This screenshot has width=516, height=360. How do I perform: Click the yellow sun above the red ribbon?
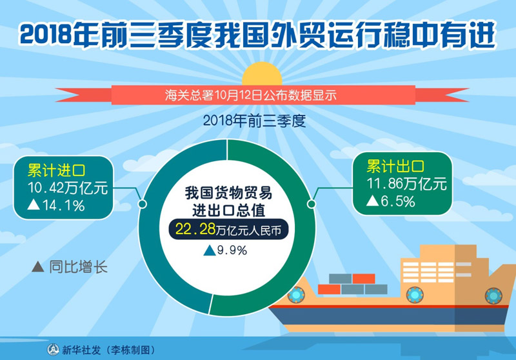pyautogui.click(x=262, y=74)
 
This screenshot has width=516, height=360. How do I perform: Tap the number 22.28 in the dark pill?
pyautogui.click(x=195, y=228)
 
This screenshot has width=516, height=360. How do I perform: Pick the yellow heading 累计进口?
pyautogui.click(x=56, y=170)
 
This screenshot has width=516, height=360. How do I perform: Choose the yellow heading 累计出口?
pyautogui.click(x=395, y=166)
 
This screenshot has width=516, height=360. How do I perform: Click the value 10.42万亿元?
pyautogui.click(x=68, y=188)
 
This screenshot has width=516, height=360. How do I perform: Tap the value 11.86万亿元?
pyautogui.click(x=407, y=184)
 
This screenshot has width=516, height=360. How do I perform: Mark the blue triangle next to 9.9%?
pyautogui.click(x=210, y=250)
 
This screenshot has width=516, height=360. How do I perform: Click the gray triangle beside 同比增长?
pyautogui.click(x=38, y=266)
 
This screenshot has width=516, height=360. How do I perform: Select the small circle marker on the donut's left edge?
pyautogui.click(x=142, y=204)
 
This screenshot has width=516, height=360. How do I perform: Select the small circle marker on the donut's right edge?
pyautogui.click(x=312, y=204)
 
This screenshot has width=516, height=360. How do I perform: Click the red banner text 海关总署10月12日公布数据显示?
pyautogui.click(x=251, y=95)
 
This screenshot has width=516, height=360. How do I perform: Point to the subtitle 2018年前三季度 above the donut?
pyautogui.click(x=254, y=121)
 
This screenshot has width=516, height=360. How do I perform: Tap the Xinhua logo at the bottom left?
pyautogui.click(x=53, y=350)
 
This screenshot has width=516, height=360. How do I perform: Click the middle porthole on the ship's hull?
pyautogui.click(x=415, y=294)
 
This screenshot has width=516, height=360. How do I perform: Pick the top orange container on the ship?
pyautogui.click(x=364, y=279)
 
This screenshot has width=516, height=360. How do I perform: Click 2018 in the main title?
pyautogui.click(x=46, y=34)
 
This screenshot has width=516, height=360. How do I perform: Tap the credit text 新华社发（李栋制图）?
pyautogui.click(x=108, y=350)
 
